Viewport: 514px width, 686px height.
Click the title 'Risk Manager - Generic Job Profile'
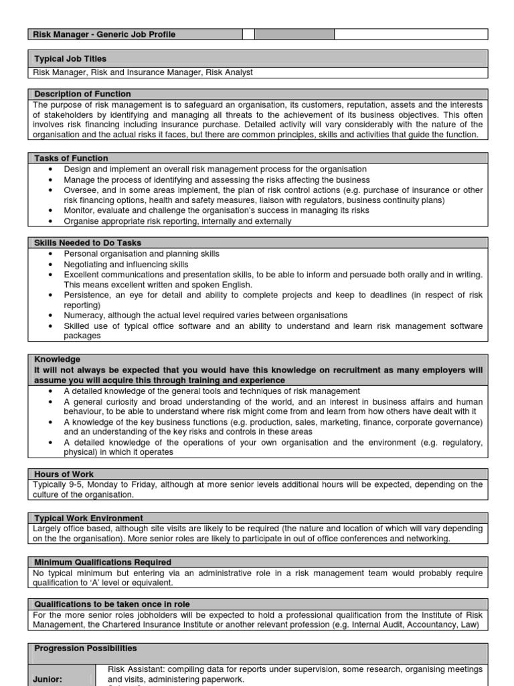click(104, 34)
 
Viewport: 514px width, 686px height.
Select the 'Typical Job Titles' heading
click(70, 59)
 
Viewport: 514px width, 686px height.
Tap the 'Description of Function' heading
click(82, 94)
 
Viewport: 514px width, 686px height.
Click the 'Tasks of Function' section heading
click(71, 158)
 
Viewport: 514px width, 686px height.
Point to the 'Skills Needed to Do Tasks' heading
click(88, 243)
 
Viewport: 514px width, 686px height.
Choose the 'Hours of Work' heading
click(64, 474)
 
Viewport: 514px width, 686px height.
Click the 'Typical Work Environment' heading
click(88, 518)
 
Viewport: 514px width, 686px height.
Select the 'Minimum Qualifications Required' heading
click(102, 562)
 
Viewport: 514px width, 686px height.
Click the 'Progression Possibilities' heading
click(86, 648)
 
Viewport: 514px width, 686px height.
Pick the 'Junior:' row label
click(48, 679)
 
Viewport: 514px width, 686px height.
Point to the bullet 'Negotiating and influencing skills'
click(126, 265)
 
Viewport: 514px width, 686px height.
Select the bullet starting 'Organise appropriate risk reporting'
click(177, 221)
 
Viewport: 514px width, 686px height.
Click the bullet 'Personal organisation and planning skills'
click(141, 254)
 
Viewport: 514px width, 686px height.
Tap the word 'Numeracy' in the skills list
click(83, 315)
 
